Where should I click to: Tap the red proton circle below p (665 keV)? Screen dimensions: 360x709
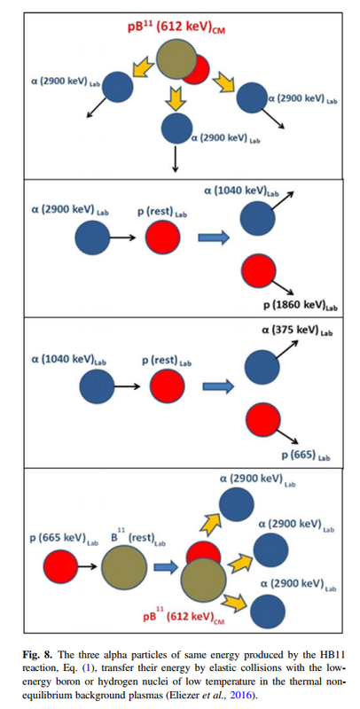pyautogui.click(x=60, y=566)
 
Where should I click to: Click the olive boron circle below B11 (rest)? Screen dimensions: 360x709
pyautogui.click(x=124, y=567)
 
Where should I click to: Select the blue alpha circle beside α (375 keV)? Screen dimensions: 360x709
pyautogui.click(x=262, y=367)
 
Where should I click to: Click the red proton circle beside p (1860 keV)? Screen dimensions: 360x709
pyautogui.click(x=259, y=271)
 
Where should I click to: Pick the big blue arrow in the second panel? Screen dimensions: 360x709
pyautogui.click(x=214, y=238)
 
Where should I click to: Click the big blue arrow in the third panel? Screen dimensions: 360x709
pyautogui.click(x=218, y=386)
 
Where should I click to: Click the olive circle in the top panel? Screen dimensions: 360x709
pyautogui.click(x=176, y=58)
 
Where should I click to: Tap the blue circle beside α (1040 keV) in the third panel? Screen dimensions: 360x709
pyautogui.click(x=97, y=386)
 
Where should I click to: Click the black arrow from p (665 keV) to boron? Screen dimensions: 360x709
pyautogui.click(x=88, y=566)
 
